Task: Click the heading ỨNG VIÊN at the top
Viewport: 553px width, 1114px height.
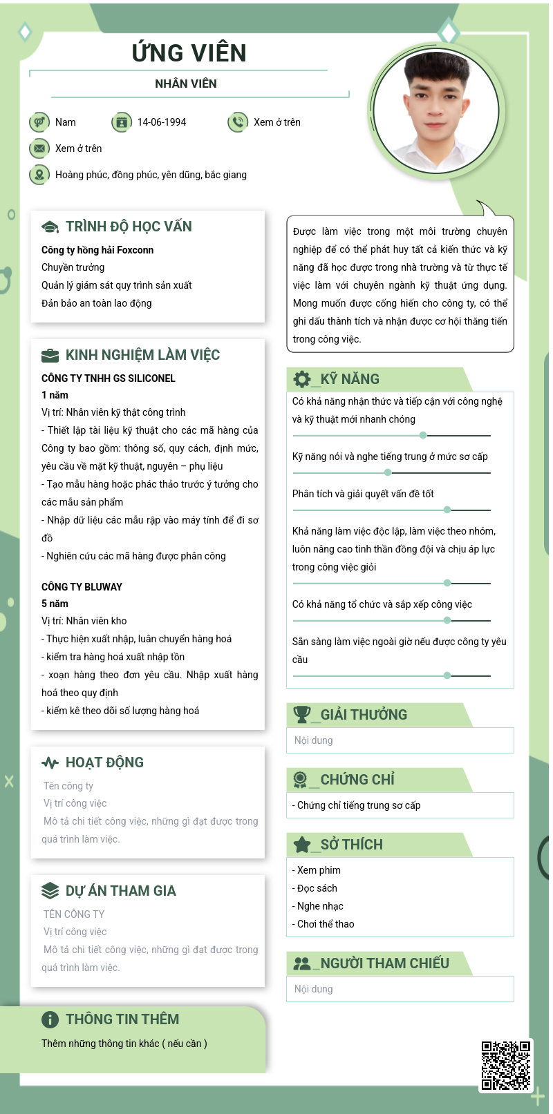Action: (x=189, y=53)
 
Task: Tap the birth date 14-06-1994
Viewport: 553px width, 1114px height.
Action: (x=162, y=122)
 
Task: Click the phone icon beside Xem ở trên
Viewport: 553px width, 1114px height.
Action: (x=237, y=122)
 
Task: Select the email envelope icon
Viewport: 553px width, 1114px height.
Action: (x=39, y=148)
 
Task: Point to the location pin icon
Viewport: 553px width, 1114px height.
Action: (x=39, y=175)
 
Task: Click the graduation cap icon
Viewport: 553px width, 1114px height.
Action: (x=50, y=227)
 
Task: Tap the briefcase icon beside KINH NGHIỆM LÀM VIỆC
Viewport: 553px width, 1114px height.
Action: (x=50, y=356)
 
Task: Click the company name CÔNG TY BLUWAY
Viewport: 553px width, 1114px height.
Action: (x=82, y=587)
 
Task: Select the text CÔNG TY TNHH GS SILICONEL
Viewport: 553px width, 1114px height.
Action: (x=109, y=378)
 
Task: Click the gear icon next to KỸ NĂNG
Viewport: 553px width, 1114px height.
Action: (x=302, y=379)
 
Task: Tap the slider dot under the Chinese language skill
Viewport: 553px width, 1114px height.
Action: (x=388, y=472)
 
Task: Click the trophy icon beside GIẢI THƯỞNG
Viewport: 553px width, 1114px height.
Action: (x=302, y=715)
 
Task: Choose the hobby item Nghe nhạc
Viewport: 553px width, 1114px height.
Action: (x=320, y=906)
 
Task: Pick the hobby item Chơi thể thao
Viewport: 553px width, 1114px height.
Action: (x=326, y=924)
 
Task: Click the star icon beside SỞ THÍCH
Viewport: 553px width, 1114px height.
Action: (x=302, y=845)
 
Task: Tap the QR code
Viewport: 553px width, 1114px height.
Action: (x=506, y=1065)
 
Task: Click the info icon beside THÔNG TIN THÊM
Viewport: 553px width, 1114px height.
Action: (x=50, y=1019)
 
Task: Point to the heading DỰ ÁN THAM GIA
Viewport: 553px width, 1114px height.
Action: (x=120, y=891)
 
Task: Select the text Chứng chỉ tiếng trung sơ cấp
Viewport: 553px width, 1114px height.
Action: (x=359, y=805)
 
